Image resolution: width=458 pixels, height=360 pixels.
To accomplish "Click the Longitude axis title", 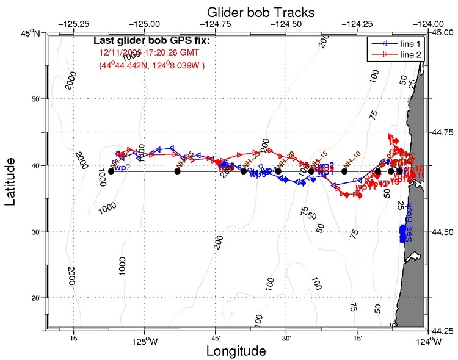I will click(x=235, y=351).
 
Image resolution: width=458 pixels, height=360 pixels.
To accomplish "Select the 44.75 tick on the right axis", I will click(x=443, y=132).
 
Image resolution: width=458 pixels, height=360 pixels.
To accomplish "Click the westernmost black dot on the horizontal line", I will click(x=111, y=171).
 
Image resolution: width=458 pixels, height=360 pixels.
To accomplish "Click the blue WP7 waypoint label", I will click(x=122, y=168).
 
